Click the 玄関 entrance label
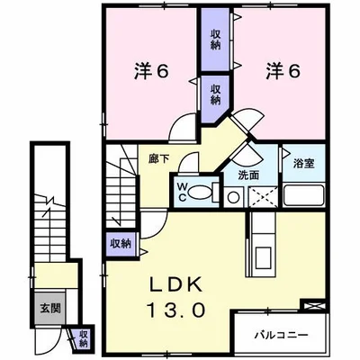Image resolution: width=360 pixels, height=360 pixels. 49,307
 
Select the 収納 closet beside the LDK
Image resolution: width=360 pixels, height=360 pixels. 120,243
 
